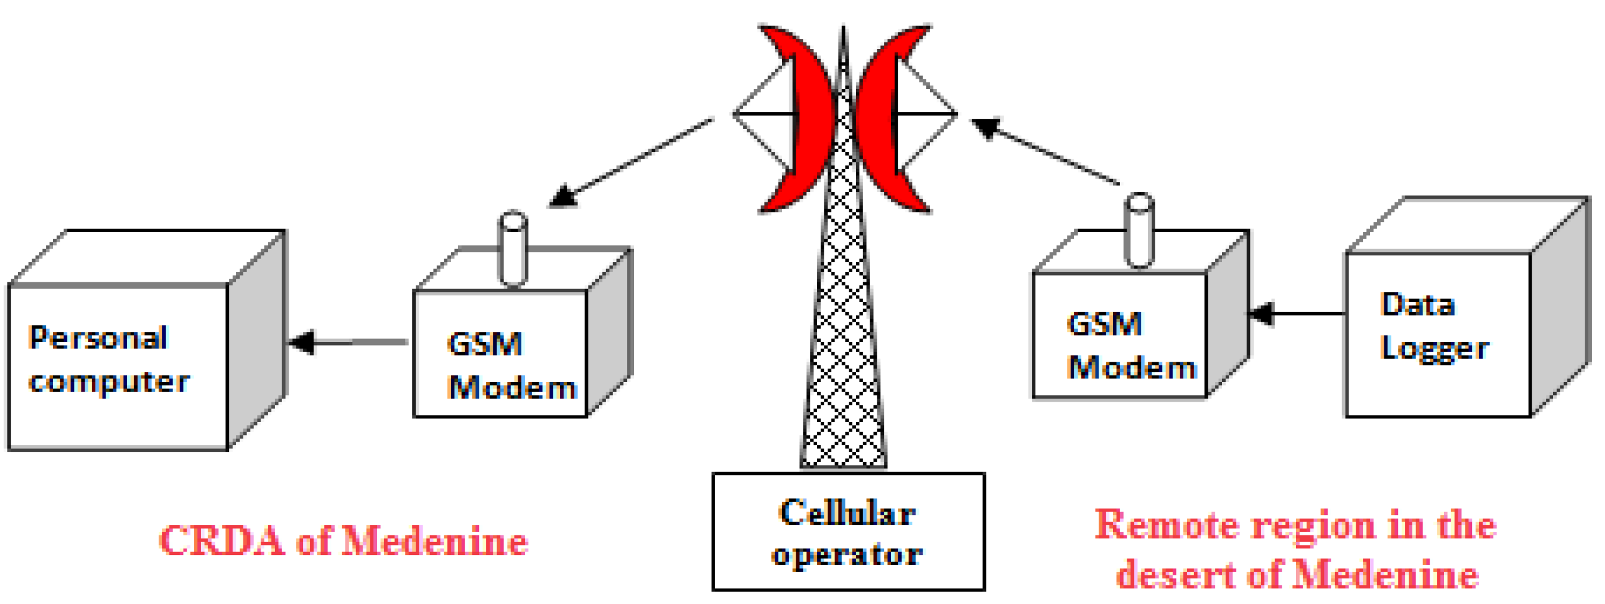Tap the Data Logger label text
pos(1433,326)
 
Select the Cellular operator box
pos(848,532)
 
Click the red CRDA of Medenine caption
pos(344,541)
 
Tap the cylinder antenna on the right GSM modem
pos(1140,230)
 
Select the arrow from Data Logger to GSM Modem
pos(1296,313)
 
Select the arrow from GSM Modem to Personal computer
pos(349,342)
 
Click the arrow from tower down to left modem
pos(629,164)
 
